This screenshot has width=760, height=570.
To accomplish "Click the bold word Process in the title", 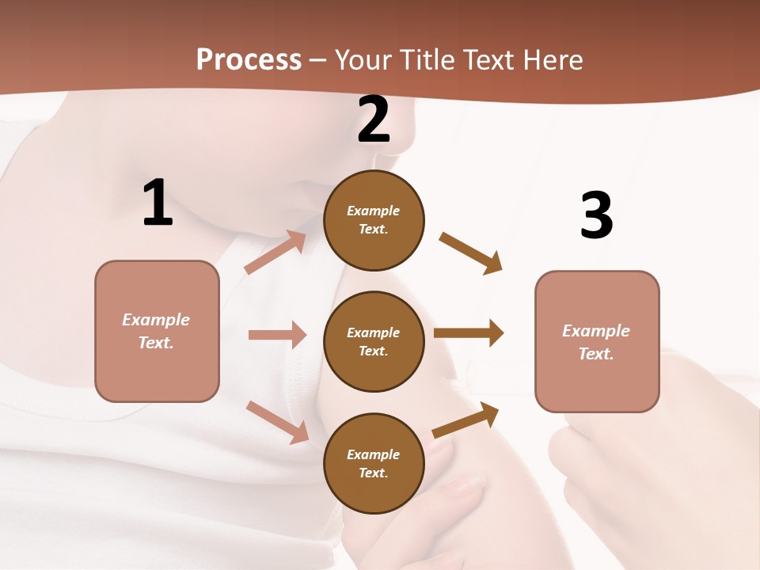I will click(249, 60).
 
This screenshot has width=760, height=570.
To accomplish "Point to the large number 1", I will click(158, 203).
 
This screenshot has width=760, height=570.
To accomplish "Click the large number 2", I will click(374, 120).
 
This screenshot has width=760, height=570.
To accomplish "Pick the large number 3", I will click(597, 215).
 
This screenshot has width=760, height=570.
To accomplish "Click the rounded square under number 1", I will click(157, 331).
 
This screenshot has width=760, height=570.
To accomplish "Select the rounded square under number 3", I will click(597, 341).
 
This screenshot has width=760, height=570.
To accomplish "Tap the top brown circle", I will click(374, 220).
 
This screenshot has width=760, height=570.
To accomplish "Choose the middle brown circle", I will click(374, 341).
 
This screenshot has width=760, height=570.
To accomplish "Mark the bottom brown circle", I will click(374, 463).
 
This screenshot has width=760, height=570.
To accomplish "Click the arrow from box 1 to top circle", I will click(275, 253).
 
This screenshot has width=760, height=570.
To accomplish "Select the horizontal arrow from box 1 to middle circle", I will click(277, 335).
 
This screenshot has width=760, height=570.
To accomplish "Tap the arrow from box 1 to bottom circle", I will click(277, 422).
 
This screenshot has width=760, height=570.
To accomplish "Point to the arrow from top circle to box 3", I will click(471, 253).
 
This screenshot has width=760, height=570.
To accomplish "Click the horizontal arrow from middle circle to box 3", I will click(469, 332).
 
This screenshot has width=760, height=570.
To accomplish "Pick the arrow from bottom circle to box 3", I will click(465, 420).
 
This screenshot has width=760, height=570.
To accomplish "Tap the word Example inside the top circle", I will click(374, 211).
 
